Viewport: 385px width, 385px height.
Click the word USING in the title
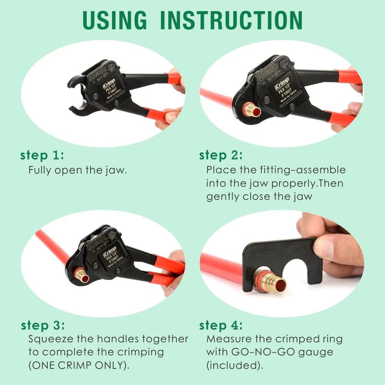[114, 19]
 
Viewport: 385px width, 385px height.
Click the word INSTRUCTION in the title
[232, 19]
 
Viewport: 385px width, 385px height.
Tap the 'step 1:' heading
[41, 155]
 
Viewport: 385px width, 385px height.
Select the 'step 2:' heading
[221, 155]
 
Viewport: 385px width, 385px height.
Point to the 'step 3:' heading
[42, 325]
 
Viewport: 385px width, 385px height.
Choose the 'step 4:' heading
[221, 325]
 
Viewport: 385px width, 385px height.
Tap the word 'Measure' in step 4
[227, 339]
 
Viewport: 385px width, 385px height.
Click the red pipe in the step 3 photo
[52, 248]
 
